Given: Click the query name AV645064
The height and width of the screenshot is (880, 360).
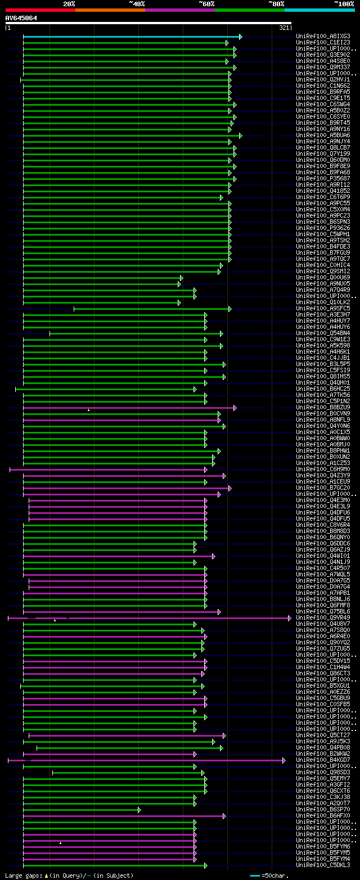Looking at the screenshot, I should pos(21,18).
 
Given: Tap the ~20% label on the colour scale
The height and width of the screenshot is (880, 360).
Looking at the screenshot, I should pos(69,3).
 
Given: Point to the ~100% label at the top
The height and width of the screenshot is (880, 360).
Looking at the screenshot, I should pos(344,3).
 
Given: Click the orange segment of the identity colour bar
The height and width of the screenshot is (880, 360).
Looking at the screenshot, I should pos(110,10).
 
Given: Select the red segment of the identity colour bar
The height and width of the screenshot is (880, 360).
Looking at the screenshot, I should pos(40,10).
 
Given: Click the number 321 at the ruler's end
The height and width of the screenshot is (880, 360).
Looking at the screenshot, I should pos(283,28).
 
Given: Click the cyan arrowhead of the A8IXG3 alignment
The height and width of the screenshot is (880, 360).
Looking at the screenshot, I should pos(240,37).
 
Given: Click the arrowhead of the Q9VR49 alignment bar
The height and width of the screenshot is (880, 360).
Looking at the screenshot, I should pos(290,618).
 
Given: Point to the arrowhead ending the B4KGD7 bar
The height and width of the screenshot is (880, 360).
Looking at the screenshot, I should pos(283,760).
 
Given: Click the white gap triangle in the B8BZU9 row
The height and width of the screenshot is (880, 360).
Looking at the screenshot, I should pos(88,410).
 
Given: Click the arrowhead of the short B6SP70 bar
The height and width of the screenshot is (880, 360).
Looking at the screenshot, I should pos(139,810).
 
